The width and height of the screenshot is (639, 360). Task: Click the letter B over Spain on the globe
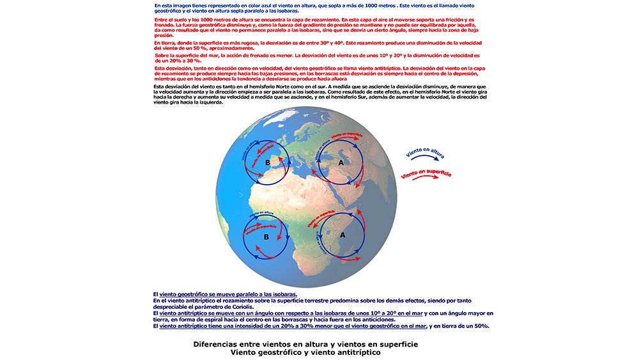(268, 163)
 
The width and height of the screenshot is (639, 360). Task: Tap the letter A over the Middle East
(340, 162)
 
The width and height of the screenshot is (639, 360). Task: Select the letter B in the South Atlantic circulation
(266, 237)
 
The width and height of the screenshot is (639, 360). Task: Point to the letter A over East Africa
(343, 235)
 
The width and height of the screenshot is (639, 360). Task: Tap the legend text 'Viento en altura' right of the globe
(425, 152)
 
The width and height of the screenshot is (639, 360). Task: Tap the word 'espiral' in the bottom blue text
(207, 320)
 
